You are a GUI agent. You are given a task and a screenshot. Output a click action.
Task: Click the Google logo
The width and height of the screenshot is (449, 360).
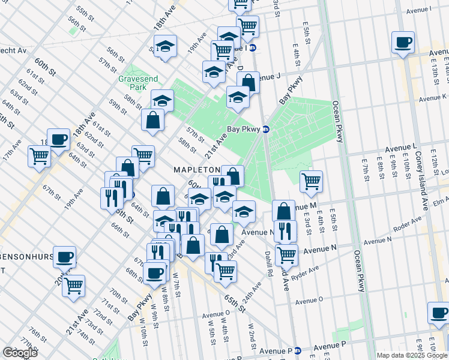[x=20, y=353]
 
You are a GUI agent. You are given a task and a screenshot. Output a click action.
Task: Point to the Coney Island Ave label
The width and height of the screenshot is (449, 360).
[x=421, y=180]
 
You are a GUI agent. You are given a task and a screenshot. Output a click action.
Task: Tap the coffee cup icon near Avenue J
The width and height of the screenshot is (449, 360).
[x=403, y=42]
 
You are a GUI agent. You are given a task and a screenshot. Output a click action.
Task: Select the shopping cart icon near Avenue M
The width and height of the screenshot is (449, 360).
[x=311, y=181]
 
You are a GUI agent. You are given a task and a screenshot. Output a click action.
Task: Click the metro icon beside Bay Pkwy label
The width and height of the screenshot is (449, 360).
[x=266, y=129]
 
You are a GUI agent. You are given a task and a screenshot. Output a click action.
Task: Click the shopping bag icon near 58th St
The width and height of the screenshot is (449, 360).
[x=153, y=119]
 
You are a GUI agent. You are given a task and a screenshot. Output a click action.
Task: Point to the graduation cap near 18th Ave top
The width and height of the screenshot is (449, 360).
[x=164, y=47]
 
